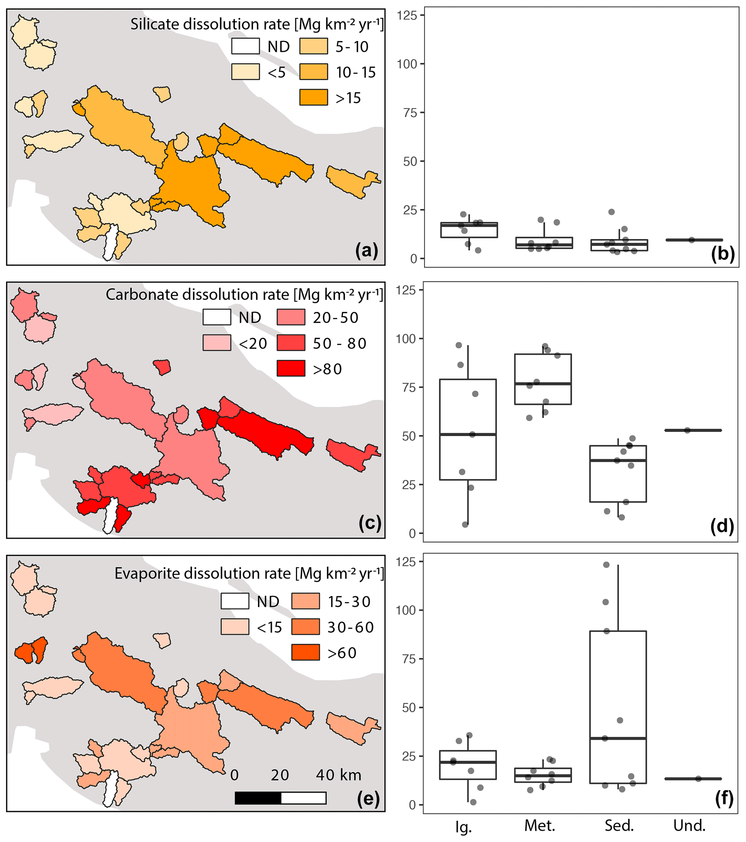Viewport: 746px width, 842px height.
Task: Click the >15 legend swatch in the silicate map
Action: point(314,98)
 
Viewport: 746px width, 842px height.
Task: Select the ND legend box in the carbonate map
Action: point(217,317)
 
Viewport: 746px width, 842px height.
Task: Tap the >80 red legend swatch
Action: point(291,368)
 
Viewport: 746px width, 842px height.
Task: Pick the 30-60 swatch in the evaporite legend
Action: point(305,627)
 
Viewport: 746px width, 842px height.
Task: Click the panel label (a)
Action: point(366,250)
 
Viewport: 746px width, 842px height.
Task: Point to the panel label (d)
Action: point(722,526)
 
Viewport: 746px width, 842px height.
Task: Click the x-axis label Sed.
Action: point(619,825)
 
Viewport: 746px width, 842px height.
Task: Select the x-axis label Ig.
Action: point(463,826)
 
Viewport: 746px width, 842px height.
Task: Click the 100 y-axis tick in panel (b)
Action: point(407,64)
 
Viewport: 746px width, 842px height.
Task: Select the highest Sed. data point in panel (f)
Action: point(606,565)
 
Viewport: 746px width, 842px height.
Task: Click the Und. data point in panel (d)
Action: point(687,431)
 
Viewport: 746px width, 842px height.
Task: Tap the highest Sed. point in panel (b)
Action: point(612,212)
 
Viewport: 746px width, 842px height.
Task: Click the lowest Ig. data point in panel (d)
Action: point(465,524)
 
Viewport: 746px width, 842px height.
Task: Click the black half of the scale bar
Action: point(258,798)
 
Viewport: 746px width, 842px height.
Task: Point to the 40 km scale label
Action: point(339,775)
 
